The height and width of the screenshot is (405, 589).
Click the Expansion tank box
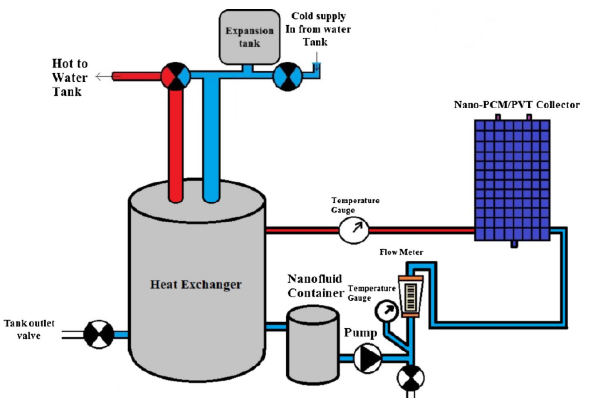pos(250,37)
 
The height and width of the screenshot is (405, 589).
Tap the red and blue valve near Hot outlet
pos(176,76)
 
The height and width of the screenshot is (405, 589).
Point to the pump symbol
pos(367,358)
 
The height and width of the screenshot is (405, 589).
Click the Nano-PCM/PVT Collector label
pos(516,105)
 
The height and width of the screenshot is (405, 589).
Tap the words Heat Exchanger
pos(196,284)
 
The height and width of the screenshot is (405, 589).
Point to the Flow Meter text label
pos(401,252)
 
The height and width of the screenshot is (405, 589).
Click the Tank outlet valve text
pos(29,329)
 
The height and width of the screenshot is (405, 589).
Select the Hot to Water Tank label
pos(70,77)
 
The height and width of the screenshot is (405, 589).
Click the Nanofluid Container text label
pos(315,286)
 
